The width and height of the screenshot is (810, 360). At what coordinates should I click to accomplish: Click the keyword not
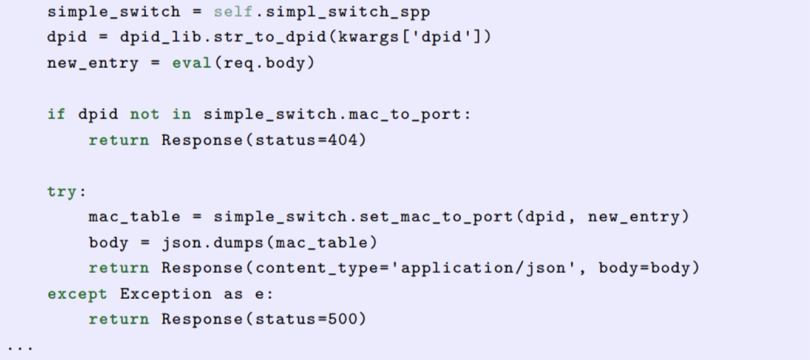(x=145, y=114)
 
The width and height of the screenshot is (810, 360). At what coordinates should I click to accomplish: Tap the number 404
(x=344, y=140)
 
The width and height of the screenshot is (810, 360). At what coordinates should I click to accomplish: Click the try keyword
(x=62, y=191)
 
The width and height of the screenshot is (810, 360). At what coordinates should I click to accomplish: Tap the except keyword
(x=77, y=294)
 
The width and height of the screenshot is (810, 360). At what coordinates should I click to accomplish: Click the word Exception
(x=166, y=294)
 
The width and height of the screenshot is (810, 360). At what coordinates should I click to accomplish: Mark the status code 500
(x=344, y=319)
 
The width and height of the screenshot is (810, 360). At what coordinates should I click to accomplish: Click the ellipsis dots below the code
(x=21, y=348)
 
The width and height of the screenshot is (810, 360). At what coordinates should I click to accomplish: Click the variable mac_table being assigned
(x=134, y=216)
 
